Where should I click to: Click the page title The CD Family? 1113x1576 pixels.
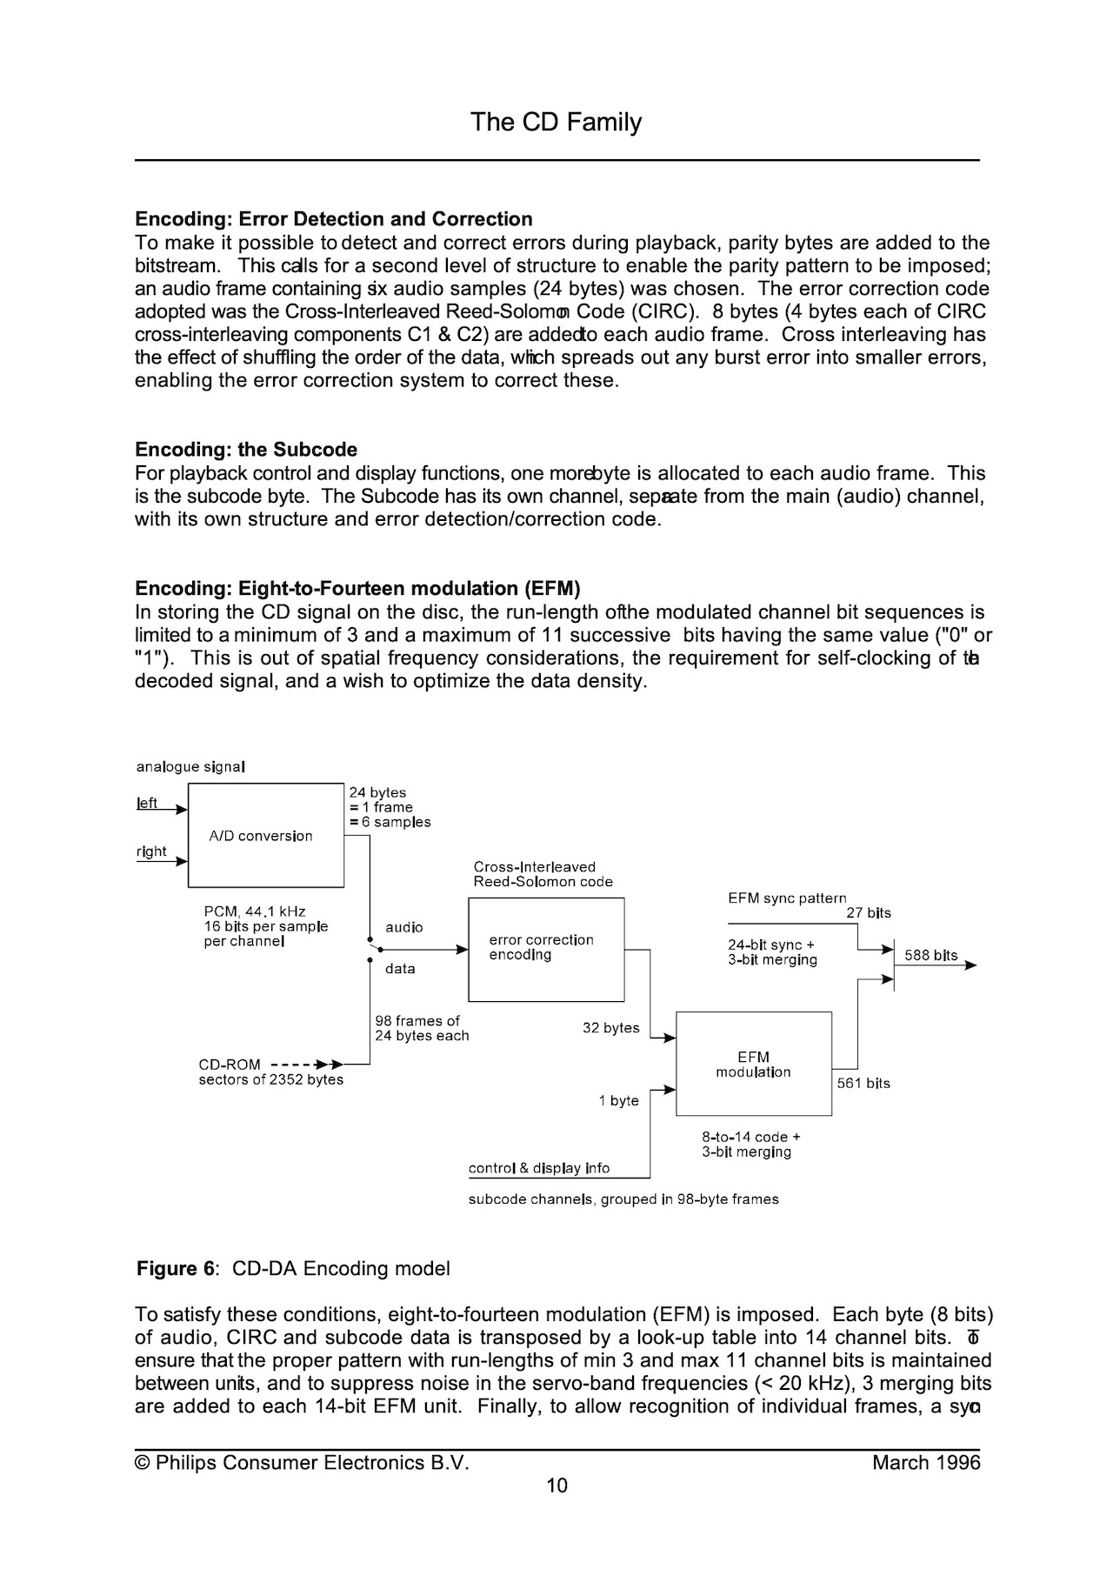click(556, 122)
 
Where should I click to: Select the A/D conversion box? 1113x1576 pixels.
click(265, 835)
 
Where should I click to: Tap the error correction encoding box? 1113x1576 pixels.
click(546, 949)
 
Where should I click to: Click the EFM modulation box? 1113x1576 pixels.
click(753, 1064)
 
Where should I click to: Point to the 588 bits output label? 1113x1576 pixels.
click(930, 955)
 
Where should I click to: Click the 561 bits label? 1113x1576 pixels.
click(863, 1083)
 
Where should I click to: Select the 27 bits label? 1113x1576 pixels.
click(869, 913)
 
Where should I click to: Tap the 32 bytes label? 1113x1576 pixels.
click(610, 1028)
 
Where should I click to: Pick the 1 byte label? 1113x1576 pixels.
click(618, 1101)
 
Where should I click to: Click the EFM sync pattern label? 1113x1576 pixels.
click(787, 898)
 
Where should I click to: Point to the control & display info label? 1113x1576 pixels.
click(539, 1168)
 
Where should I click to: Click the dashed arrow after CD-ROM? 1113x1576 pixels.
click(306, 1064)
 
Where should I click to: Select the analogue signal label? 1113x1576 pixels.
click(190, 767)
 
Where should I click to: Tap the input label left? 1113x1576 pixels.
click(148, 803)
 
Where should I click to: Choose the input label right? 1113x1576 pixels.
click(151, 851)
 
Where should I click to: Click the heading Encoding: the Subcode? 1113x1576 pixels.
click(246, 450)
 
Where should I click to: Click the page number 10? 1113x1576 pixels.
click(556, 1485)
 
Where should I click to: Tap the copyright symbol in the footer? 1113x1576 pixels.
click(142, 1463)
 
